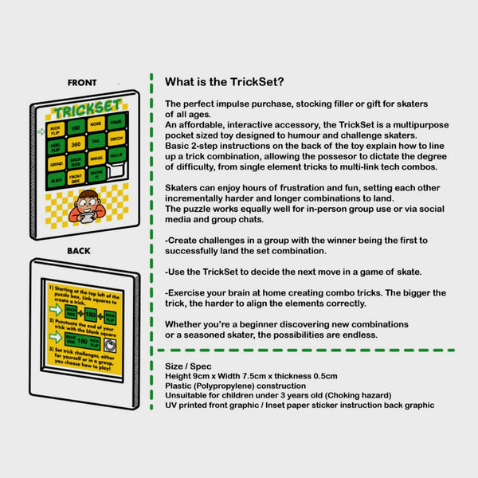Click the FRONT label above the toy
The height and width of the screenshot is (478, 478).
coord(82,82)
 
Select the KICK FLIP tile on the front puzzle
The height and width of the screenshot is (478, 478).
coord(55,129)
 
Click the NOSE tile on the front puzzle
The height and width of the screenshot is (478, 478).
coord(96,124)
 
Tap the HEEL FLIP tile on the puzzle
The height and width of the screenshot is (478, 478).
coord(56,147)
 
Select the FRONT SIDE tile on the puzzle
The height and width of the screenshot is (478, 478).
coord(76,178)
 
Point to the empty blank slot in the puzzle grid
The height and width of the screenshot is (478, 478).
coord(117,170)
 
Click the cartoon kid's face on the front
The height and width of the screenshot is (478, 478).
coord(87,199)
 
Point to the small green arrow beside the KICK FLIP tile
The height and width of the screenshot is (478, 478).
coord(41,131)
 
